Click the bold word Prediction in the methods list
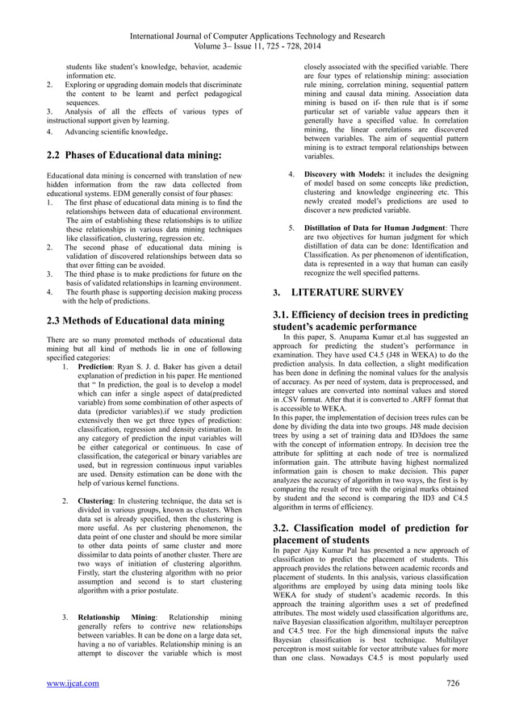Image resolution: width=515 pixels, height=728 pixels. pyautogui.click(x=97, y=366)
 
